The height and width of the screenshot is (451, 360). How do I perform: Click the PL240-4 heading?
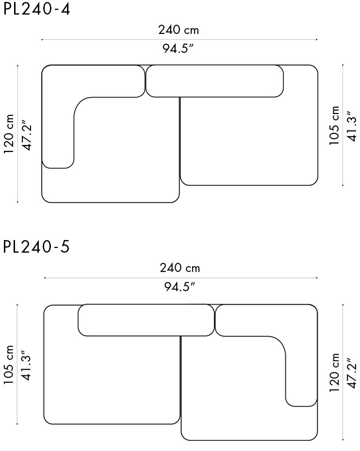click(36, 9)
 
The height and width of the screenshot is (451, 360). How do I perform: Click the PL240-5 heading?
click(36, 246)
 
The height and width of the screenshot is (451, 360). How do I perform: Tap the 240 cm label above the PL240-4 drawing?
click(179, 30)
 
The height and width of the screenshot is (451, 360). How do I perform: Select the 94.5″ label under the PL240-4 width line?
click(178, 48)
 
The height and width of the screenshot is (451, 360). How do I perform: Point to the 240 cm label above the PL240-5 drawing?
click(180, 268)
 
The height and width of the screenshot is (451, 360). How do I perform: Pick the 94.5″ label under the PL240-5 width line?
click(180, 287)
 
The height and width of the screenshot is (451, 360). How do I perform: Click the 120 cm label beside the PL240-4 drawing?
click(9, 134)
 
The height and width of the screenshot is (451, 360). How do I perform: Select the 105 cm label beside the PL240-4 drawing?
click(334, 126)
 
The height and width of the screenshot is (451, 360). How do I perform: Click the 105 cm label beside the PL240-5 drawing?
click(9, 364)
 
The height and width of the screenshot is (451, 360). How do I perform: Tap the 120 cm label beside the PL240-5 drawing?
click(334, 373)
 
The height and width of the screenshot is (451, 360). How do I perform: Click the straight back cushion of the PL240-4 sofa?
click(214, 81)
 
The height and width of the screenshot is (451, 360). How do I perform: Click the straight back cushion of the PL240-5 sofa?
click(146, 320)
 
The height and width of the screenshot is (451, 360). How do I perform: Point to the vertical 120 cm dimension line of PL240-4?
click(17, 134)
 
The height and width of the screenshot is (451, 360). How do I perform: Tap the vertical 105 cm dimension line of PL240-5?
click(17, 364)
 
